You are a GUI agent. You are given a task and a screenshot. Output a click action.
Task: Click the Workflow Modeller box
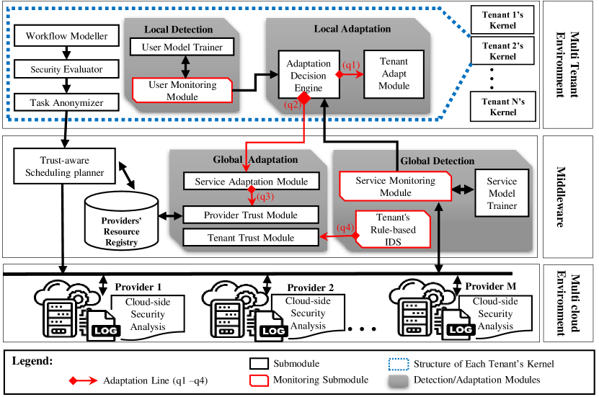coord(66,36)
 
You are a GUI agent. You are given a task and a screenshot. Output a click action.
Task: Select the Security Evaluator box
coord(66,69)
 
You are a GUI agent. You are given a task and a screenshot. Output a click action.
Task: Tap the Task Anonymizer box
coord(66,102)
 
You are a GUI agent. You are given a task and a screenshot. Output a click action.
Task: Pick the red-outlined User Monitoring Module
coord(182,91)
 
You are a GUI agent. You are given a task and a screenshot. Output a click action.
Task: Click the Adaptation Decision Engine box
coord(309,76)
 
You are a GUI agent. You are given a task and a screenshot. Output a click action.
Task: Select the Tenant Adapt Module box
coord(394,74)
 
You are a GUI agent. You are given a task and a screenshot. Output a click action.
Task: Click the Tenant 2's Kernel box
coord(502,50)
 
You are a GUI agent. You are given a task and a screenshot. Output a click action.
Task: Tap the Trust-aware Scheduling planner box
coord(61,167)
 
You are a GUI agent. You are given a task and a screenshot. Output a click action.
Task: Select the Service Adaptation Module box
coord(250,182)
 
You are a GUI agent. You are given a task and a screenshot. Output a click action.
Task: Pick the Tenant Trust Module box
coord(250,238)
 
